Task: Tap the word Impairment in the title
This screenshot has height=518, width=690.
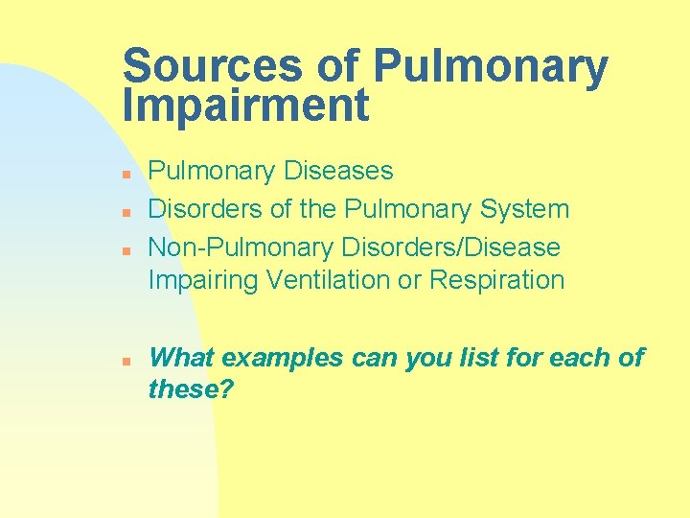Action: click(245, 106)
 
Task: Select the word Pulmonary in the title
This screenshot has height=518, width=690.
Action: click(490, 67)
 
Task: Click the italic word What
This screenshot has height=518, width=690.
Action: click(181, 358)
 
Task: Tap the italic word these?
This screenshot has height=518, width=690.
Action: click(192, 389)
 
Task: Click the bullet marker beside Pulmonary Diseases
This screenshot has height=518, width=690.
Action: click(126, 174)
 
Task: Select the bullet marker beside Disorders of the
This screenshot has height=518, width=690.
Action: click(126, 211)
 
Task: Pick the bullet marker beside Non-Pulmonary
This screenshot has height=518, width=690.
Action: click(126, 249)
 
